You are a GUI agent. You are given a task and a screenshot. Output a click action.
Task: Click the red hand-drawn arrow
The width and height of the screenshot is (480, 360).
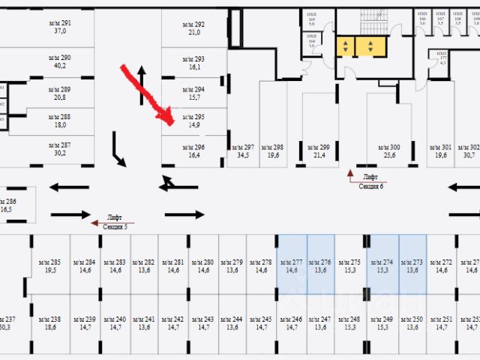[x=148, y=94]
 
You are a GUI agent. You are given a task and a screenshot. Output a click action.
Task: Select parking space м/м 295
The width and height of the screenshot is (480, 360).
[x=194, y=121]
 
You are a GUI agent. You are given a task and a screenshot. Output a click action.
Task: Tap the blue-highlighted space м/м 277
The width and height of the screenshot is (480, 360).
[x=292, y=265]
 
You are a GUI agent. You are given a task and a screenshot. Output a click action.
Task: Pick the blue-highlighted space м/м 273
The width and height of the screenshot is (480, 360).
[x=412, y=265]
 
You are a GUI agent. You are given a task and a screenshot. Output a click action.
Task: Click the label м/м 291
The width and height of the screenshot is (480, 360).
[x=60, y=28]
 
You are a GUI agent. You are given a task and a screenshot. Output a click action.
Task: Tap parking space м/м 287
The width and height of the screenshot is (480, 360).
[x=60, y=149]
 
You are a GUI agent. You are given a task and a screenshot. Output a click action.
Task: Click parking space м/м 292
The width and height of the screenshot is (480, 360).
[x=194, y=28]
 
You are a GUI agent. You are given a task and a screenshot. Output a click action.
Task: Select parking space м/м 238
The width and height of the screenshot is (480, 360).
[x=51, y=322]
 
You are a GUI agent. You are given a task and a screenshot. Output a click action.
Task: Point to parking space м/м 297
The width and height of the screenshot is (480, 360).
[x=243, y=151]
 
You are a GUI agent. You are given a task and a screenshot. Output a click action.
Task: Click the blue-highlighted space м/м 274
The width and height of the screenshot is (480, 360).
[x=382, y=265]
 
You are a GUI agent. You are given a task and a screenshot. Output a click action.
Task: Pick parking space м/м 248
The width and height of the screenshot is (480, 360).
[x=350, y=322]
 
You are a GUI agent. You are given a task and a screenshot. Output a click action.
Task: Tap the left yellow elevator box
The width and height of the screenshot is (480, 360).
[x=345, y=47]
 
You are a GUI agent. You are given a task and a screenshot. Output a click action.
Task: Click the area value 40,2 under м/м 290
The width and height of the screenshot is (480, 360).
[x=60, y=65]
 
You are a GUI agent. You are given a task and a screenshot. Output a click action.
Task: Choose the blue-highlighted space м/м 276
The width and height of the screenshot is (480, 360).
[x=321, y=265]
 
